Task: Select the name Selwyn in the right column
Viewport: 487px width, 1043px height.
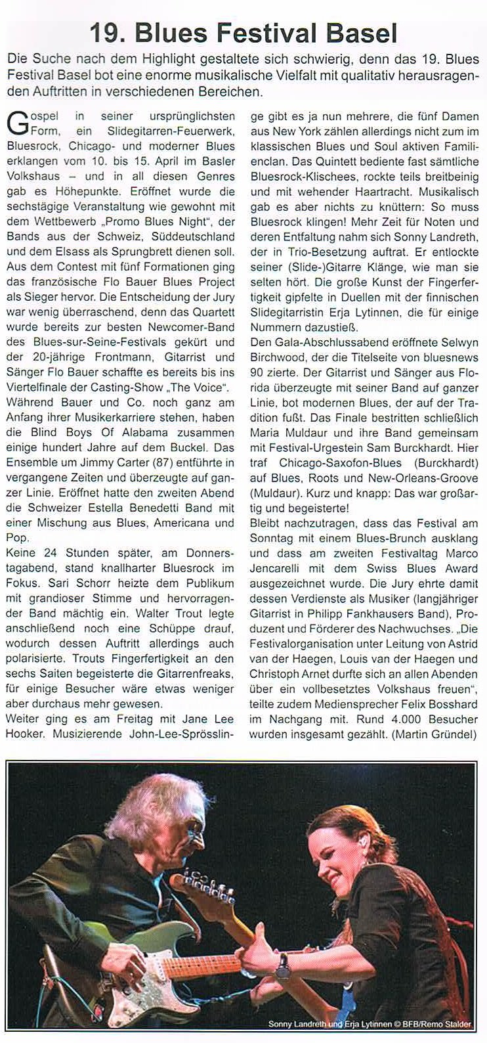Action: tap(465, 342)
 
